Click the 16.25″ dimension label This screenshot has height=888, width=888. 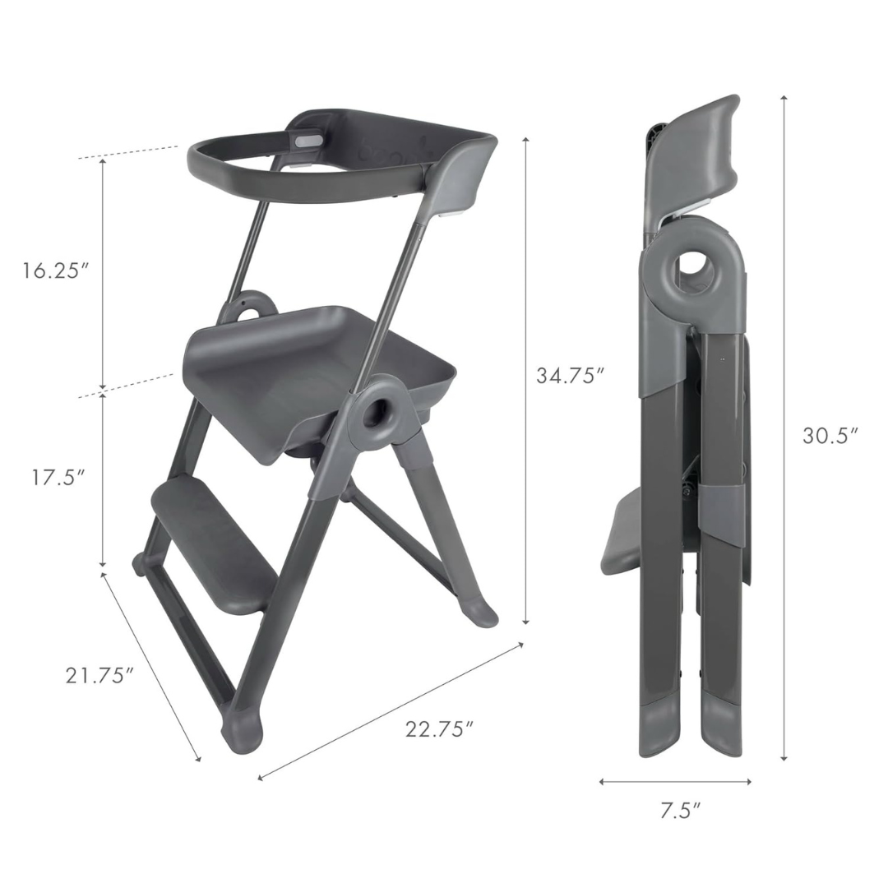coord(55,271)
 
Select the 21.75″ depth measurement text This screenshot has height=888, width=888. coord(99,675)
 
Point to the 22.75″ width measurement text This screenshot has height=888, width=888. coord(439,728)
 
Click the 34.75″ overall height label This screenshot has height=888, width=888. coord(571,376)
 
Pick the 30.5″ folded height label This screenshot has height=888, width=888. coord(830,435)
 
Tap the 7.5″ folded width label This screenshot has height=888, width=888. coord(680,811)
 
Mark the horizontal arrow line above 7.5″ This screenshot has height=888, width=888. coord(675,781)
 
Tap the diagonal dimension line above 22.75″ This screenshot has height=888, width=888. coord(391,711)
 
